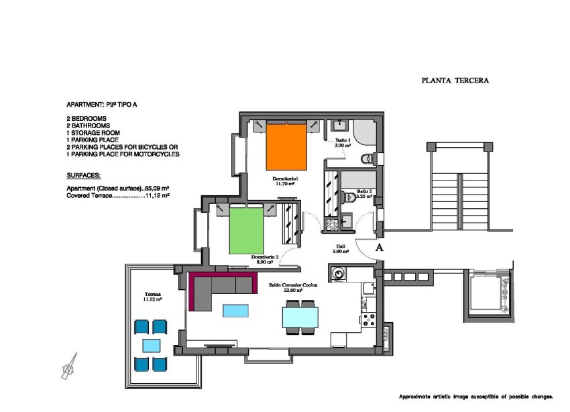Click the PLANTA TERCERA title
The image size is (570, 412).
point(455,81)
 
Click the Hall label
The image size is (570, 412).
point(341,249)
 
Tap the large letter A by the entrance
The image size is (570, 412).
point(380,248)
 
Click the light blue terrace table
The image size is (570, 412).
point(151,345)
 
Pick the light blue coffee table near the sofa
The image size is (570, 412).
point(234,310)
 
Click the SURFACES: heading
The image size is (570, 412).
point(84,175)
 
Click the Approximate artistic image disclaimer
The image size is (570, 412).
point(475,397)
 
